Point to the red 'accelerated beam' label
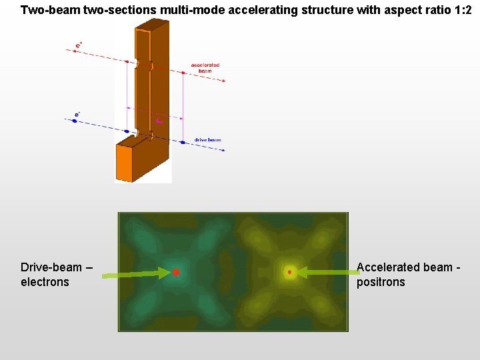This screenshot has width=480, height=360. pos(205,67)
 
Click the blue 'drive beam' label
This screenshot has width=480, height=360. pos(207,140)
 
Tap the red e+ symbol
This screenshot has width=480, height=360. pos(79,45)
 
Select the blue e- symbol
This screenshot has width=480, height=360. pos(77,115)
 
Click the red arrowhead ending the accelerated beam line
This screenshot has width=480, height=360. pos(223,81)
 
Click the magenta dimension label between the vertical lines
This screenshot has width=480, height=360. pos(159,121)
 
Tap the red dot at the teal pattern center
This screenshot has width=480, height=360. pos(176,272)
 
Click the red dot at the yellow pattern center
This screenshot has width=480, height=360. pos(289,272)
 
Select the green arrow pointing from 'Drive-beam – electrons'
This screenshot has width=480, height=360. pos(133,273)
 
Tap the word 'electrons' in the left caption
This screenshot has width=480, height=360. pos(45,282)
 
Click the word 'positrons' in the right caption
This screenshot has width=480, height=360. pos(381,282)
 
